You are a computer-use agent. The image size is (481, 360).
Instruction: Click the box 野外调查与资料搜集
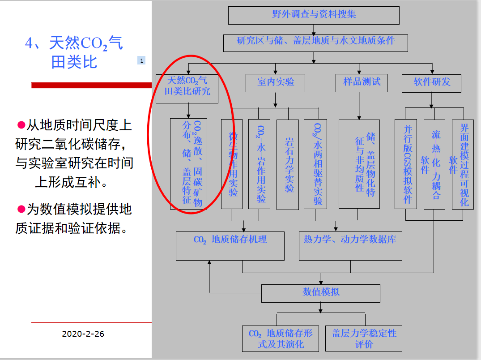314,15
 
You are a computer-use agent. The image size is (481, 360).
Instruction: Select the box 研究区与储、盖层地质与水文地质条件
315,43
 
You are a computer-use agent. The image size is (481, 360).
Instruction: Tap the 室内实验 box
276,83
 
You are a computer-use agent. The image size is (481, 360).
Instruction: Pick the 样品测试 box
362,83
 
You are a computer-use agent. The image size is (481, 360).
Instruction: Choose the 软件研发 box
432,83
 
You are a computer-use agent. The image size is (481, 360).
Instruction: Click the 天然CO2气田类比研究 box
187,88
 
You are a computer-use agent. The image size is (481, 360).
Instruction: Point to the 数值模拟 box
320,293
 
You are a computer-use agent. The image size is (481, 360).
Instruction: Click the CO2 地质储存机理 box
230,245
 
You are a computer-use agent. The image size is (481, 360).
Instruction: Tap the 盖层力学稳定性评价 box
364,338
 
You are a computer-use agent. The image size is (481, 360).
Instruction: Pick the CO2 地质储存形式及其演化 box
281,338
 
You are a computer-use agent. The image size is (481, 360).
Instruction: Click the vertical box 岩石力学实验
288,164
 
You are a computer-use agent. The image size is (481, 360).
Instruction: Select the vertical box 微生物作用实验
232,164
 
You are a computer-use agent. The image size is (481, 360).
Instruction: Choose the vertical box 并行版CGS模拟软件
406,164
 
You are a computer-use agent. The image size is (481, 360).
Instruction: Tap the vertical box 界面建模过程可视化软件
462,164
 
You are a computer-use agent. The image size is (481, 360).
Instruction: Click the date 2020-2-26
83,334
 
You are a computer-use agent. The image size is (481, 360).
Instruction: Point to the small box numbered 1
141,60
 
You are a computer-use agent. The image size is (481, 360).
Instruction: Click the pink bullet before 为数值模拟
21,209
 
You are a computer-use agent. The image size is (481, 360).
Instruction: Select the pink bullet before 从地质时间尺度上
21,124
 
